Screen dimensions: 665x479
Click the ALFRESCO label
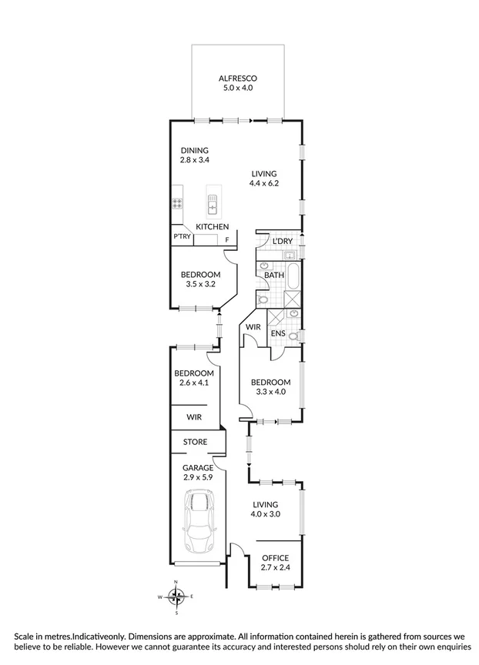(236, 79)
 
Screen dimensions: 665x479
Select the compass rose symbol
(176, 596)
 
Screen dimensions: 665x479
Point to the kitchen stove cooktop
(176, 204)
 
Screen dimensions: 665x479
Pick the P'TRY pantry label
(182, 237)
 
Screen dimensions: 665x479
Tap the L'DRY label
(282, 241)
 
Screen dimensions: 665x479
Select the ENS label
(278, 333)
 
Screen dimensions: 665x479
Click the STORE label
(194, 442)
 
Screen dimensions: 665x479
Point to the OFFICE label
(275, 558)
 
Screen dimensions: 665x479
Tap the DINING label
(195, 150)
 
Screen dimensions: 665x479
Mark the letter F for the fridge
(227, 240)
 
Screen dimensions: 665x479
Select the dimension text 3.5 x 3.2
(200, 285)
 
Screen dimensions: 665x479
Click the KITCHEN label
(212, 227)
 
